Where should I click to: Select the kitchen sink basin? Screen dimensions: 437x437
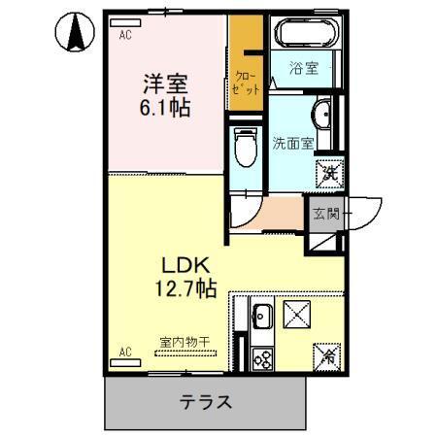click(x=262, y=316)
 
